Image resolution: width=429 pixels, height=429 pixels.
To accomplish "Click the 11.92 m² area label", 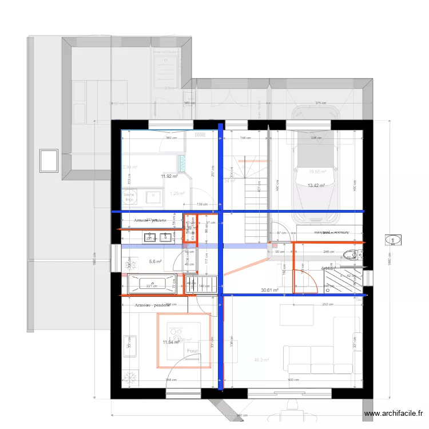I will point(170,176).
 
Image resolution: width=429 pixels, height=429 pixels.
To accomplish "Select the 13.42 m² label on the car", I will point(316,185).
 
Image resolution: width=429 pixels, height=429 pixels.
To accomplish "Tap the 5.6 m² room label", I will point(155,261).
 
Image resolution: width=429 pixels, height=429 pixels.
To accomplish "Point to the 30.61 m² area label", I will point(269,290).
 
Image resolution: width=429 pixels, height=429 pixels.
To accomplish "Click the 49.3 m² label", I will point(261,360).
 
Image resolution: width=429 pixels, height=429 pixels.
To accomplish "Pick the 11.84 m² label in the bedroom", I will point(170,342).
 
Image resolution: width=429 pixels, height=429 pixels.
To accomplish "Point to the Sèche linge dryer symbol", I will point(129,197).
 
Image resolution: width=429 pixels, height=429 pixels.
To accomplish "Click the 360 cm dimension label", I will point(169,138).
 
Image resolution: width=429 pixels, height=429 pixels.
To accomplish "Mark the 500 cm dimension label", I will point(292,380).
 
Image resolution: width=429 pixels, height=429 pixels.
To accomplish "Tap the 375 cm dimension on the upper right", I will point(321,104).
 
